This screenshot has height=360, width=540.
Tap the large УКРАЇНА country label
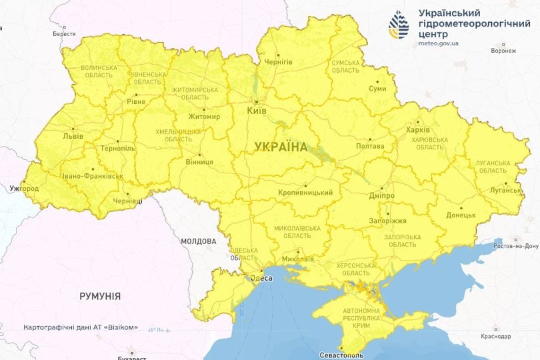281,147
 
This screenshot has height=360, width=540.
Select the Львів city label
73,135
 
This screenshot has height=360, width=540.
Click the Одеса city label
261,278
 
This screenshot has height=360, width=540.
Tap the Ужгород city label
24,189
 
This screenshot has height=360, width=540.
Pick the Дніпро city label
381,196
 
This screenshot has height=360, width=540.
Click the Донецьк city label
461,215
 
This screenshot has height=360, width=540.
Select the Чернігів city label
278,61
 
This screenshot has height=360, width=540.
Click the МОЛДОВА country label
198,241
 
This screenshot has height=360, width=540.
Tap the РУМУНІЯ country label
100,295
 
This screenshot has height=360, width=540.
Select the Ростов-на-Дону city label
515,246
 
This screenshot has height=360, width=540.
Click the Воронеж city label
503,50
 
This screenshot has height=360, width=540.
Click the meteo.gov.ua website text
438,43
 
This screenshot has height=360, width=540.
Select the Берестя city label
64,33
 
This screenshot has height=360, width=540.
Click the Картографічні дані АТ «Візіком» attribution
81,327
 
